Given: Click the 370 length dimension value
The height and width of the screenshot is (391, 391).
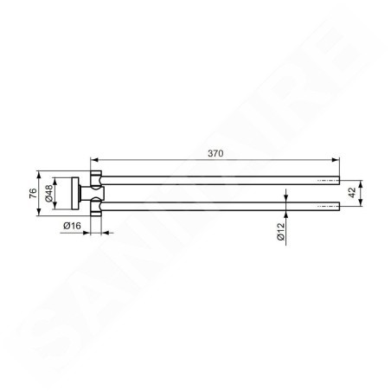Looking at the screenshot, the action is [215, 153].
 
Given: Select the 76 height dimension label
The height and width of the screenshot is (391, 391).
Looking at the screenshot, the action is [33, 193].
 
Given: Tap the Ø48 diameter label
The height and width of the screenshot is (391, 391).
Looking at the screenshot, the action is [48, 193].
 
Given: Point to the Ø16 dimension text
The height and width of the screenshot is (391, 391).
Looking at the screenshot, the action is [72, 226].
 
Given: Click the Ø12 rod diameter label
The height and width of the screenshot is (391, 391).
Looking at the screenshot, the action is [280, 232].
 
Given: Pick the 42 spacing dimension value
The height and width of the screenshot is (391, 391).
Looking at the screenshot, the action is [352, 193].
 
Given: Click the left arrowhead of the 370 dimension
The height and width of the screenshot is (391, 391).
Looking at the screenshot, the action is [94, 159].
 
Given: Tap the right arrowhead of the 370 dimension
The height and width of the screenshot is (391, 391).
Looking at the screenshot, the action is [336, 159].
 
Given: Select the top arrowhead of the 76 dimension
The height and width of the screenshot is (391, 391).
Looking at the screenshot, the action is [39, 175].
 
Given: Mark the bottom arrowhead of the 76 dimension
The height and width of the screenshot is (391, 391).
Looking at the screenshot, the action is [39, 211].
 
